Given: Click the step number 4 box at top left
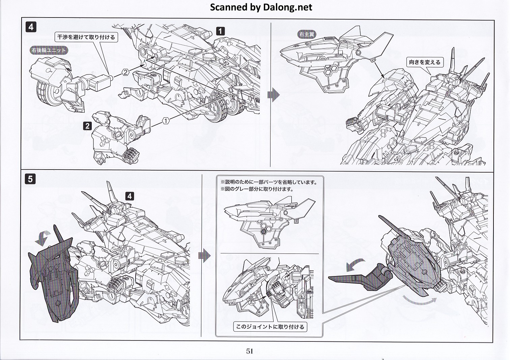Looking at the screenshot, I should click(31, 27).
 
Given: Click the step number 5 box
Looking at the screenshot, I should click(30, 179).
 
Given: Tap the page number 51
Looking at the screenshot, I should click(249, 351).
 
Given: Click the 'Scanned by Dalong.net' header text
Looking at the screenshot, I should click(261, 7).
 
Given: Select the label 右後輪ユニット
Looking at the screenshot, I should click(49, 50).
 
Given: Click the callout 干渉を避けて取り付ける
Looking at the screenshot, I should click(86, 37).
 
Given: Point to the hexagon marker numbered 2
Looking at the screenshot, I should click(125, 72).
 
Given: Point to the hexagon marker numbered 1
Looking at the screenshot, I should click(166, 120).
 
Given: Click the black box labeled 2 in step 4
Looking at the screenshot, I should click(87, 126).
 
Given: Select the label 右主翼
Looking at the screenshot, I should click(307, 34).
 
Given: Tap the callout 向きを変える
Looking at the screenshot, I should click(425, 62).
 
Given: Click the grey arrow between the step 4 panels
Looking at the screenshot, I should click(273, 95).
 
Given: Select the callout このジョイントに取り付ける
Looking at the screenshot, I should click(270, 327).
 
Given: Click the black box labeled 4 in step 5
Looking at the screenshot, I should click(130, 196).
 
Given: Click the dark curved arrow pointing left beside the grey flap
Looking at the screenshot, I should click(355, 265).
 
